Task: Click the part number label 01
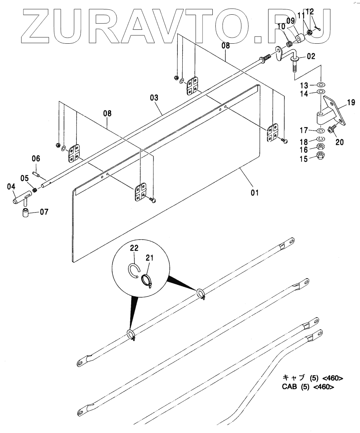point(255,193)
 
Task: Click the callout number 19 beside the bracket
point(351,102)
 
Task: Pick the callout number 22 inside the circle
point(134,248)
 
